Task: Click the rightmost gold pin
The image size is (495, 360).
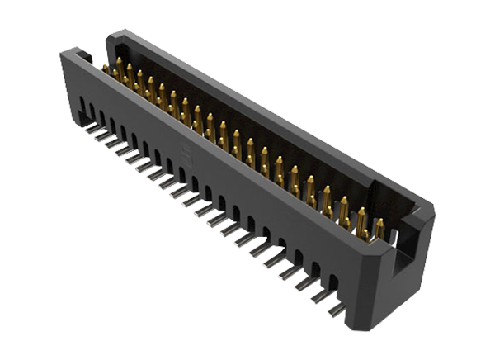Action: (x=379, y=228)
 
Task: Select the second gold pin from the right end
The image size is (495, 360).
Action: (x=361, y=220)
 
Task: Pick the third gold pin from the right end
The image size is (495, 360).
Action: (x=344, y=210)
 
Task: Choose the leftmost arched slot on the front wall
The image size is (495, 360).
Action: (x=83, y=106)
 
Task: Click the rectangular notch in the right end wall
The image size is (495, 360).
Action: (x=402, y=247)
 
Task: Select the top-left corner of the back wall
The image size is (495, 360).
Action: (x=112, y=33)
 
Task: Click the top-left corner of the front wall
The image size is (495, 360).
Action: (x=62, y=54)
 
